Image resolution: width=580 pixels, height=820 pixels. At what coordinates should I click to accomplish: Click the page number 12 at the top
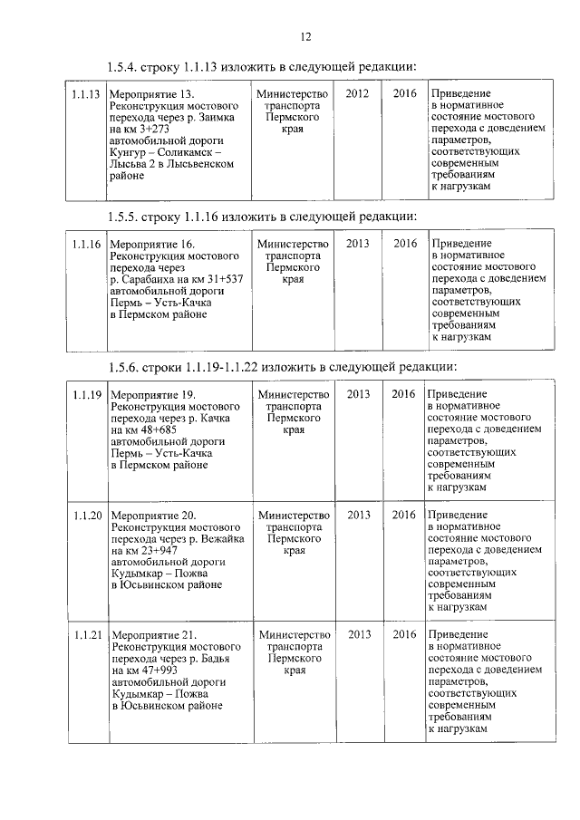pyautogui.click(x=304, y=36)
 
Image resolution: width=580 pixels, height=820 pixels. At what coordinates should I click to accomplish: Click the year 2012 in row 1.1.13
pyautogui.click(x=357, y=94)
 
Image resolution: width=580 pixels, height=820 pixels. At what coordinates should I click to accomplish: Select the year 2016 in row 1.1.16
pyautogui.click(x=405, y=244)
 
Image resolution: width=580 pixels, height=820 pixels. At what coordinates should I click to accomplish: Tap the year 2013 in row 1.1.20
pyautogui.click(x=359, y=515)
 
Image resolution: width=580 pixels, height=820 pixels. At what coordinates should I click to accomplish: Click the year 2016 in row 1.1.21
pyautogui.click(x=405, y=634)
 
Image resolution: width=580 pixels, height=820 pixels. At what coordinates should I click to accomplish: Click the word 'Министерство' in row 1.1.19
pyautogui.click(x=294, y=394)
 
